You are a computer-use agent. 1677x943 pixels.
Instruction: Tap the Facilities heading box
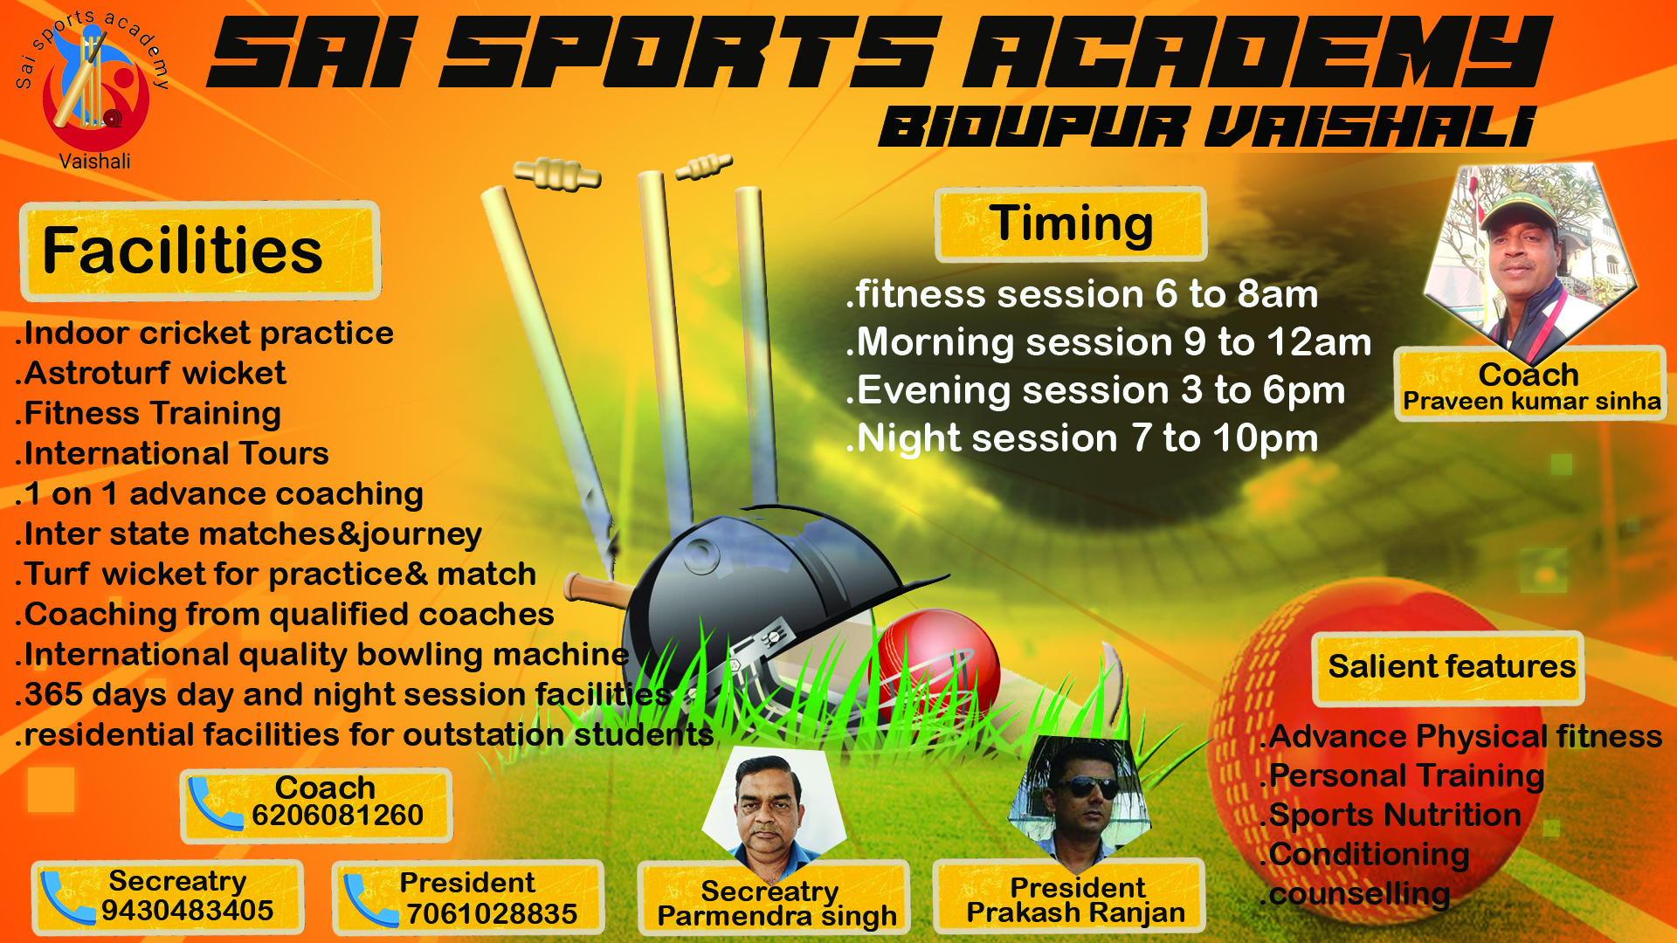pos(200,251)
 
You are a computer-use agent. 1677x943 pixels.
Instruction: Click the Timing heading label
pos(1071,224)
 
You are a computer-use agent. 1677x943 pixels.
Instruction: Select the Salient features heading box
pos(1448,668)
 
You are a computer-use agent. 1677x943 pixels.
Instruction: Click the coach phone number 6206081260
pos(337,816)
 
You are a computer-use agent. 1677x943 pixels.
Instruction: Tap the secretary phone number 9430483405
pos(187,911)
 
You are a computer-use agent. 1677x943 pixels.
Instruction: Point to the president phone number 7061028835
pos(492,914)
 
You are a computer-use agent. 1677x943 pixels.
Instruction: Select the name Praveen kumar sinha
pos(1532,402)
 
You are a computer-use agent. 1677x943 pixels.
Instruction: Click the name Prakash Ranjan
pos(1076,913)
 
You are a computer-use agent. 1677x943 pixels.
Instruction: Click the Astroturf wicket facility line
pos(150,374)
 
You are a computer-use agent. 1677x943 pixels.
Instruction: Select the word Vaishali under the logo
pos(94,162)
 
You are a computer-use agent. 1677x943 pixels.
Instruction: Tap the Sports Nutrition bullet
pos(1392,816)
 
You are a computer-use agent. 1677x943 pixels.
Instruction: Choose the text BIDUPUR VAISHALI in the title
pos(1207,127)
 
